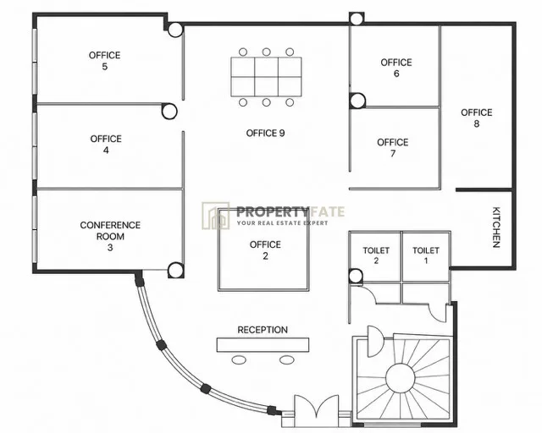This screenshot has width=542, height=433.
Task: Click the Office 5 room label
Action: pyautogui.click(x=104, y=61)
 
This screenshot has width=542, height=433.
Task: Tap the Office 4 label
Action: pyautogui.click(x=106, y=145)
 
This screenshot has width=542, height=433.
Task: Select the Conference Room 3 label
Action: pyautogui.click(x=110, y=236)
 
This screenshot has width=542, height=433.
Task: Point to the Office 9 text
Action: pyautogui.click(x=265, y=133)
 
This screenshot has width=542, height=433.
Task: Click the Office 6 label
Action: pyautogui.click(x=396, y=68)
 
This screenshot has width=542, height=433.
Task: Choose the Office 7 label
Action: pyautogui.click(x=393, y=148)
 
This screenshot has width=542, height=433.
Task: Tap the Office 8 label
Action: pyautogui.click(x=476, y=118)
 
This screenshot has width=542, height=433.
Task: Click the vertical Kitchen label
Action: pyautogui.click(x=496, y=227)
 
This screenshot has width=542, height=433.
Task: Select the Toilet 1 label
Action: pyautogui.click(x=426, y=255)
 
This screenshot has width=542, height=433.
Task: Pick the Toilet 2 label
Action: pyautogui.click(x=376, y=255)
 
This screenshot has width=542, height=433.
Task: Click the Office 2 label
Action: pyautogui.click(x=265, y=250)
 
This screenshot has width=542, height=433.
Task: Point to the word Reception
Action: pyautogui.click(x=263, y=330)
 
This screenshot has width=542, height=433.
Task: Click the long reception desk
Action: pyautogui.click(x=263, y=345)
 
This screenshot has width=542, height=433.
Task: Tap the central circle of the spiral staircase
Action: pyautogui.click(x=400, y=378)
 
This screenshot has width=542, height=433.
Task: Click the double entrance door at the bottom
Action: pyautogui.click(x=316, y=410)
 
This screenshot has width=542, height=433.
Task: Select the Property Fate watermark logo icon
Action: pyautogui.click(x=216, y=216)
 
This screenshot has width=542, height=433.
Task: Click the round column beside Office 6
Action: pyautogui.click(x=357, y=101)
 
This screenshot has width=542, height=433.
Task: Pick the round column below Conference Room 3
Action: pyautogui.click(x=175, y=270)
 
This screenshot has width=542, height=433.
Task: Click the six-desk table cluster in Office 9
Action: pyautogui.click(x=266, y=77)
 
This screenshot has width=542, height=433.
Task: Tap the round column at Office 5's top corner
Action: pyautogui.click(x=175, y=30)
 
